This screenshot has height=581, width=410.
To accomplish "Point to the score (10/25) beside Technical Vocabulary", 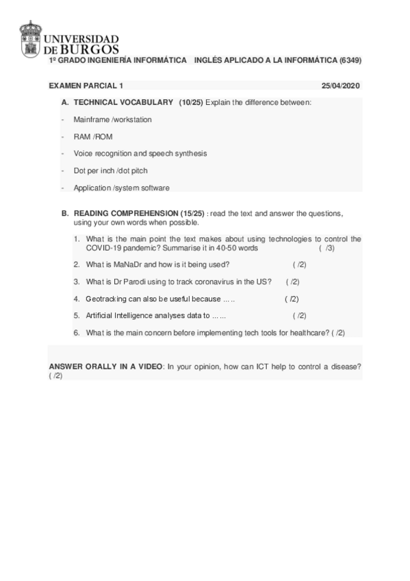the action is pos(191,102).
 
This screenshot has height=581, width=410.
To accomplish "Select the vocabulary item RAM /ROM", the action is pos(93,136).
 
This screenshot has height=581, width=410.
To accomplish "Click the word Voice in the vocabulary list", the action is pos(82,153).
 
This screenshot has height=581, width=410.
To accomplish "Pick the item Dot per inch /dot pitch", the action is pos(110,171).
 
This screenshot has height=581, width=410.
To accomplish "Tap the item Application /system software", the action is pos(122,188).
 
